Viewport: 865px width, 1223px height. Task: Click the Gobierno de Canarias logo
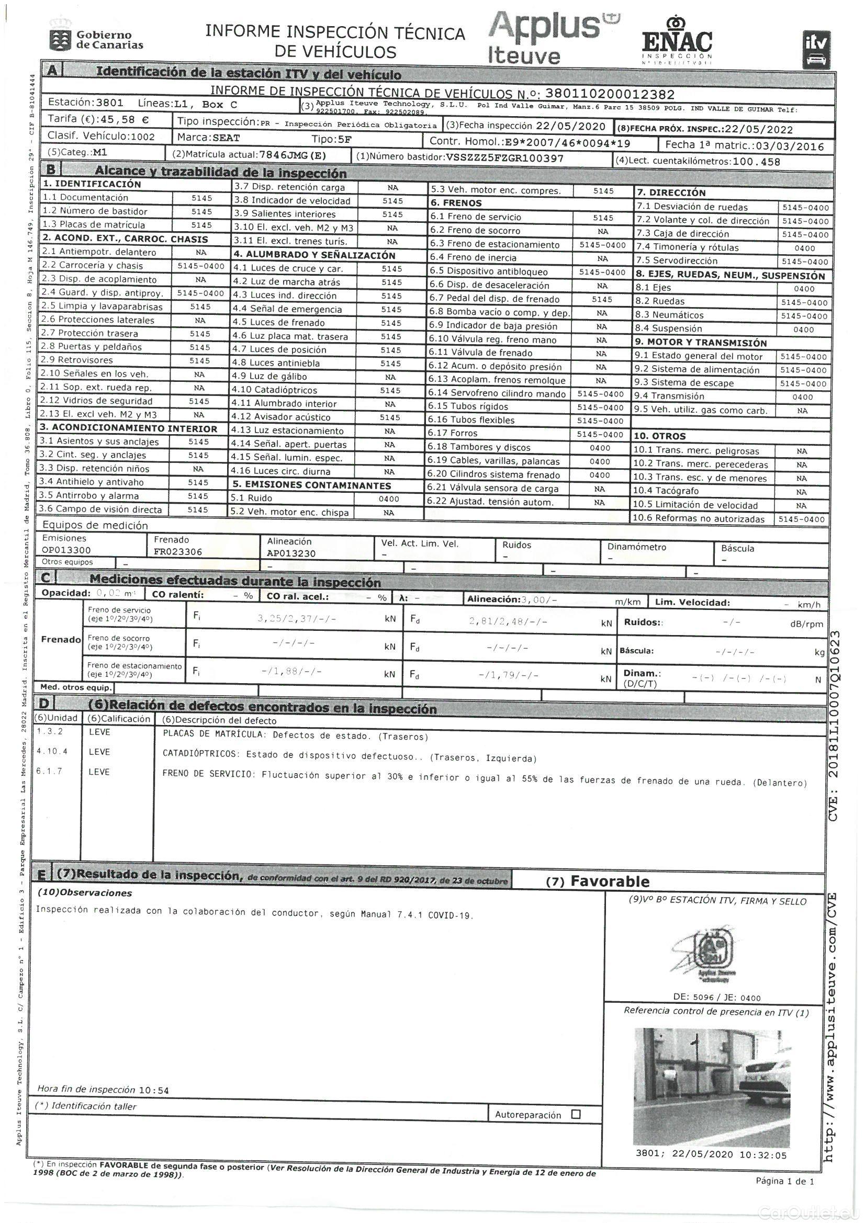(x=96, y=37)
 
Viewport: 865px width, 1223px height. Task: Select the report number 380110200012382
(x=610, y=95)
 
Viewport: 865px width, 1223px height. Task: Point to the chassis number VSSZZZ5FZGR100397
(x=504, y=157)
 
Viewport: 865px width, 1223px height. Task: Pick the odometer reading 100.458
(x=756, y=162)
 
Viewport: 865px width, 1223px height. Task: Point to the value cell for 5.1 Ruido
(x=388, y=499)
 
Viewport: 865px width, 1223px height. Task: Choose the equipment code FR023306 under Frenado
(x=178, y=552)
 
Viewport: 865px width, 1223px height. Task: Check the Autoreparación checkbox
(x=576, y=1114)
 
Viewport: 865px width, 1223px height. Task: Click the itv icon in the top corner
(x=816, y=50)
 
